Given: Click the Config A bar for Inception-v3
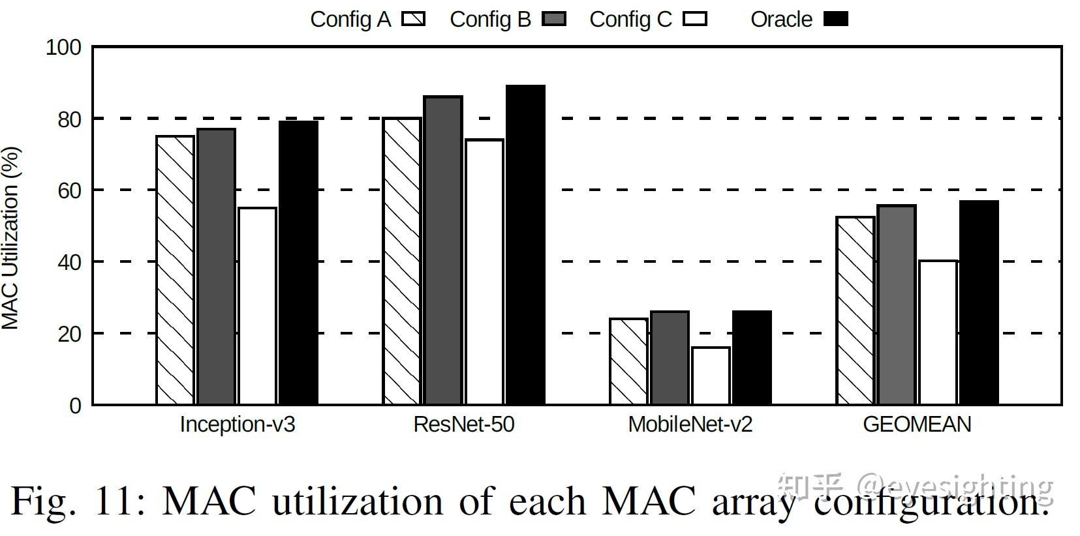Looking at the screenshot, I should pyautogui.click(x=175, y=270).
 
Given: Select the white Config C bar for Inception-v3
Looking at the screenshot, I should pyautogui.click(x=257, y=306).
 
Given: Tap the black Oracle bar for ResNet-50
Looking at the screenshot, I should pyautogui.click(x=525, y=245).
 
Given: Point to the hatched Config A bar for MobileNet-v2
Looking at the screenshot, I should pyautogui.click(x=628, y=361).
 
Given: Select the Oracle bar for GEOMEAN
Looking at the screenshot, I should pyautogui.click(x=979, y=303).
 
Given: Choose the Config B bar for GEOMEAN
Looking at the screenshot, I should pyautogui.click(x=897, y=305).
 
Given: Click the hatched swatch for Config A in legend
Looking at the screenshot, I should pyautogui.click(x=414, y=19).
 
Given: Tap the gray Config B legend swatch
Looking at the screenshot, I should pyautogui.click(x=554, y=19).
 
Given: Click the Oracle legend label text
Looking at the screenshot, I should pyautogui.click(x=781, y=20).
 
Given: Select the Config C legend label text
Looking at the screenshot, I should pyautogui.click(x=630, y=20).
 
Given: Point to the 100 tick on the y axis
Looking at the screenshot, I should pyautogui.click(x=63, y=48).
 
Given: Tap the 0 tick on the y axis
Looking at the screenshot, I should pyautogui.click(x=75, y=406).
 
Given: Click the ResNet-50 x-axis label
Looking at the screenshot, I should pyautogui.click(x=464, y=424).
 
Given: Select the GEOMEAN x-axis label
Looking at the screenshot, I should pyautogui.click(x=917, y=424).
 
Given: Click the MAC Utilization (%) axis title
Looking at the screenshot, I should pyautogui.click(x=10, y=238).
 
